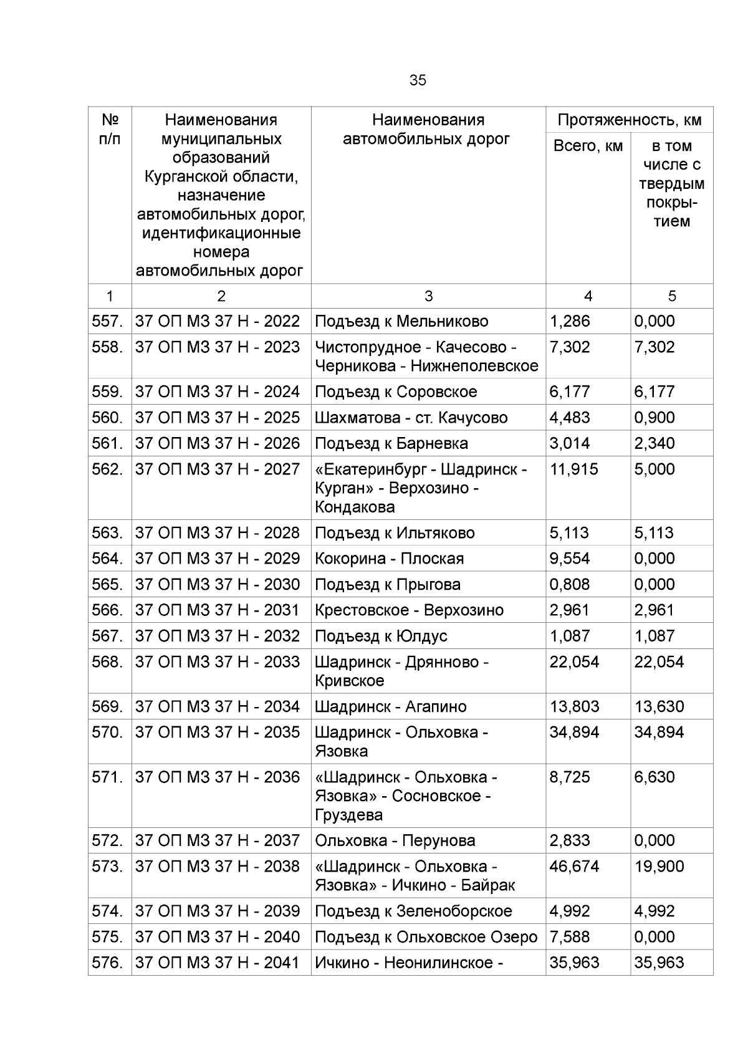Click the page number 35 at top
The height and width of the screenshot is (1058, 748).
(x=418, y=80)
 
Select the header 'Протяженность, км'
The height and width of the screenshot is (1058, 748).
(x=629, y=120)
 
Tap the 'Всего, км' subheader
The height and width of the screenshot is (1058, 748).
(x=588, y=146)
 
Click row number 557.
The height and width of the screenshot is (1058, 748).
(x=107, y=322)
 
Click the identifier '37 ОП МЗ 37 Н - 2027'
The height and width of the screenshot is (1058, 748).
(x=218, y=469)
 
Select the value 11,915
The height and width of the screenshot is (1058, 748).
(x=573, y=469)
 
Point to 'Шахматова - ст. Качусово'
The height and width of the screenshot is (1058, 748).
(x=411, y=418)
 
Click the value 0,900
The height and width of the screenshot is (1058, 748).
(x=654, y=418)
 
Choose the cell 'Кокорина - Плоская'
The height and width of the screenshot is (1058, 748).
(x=389, y=559)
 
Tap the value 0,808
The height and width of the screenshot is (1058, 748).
(x=569, y=585)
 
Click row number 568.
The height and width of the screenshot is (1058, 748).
(x=107, y=662)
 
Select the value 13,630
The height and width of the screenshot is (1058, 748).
(x=659, y=707)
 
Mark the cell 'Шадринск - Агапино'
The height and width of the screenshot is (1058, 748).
(x=390, y=707)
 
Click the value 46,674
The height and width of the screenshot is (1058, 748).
(x=573, y=867)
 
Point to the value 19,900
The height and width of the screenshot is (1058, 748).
(x=659, y=867)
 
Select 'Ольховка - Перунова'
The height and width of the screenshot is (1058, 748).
(x=395, y=841)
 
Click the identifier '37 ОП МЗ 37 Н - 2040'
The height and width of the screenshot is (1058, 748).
(x=218, y=937)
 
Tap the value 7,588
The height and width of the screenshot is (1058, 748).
(x=569, y=937)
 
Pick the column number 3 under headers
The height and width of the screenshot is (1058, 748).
(x=428, y=296)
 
